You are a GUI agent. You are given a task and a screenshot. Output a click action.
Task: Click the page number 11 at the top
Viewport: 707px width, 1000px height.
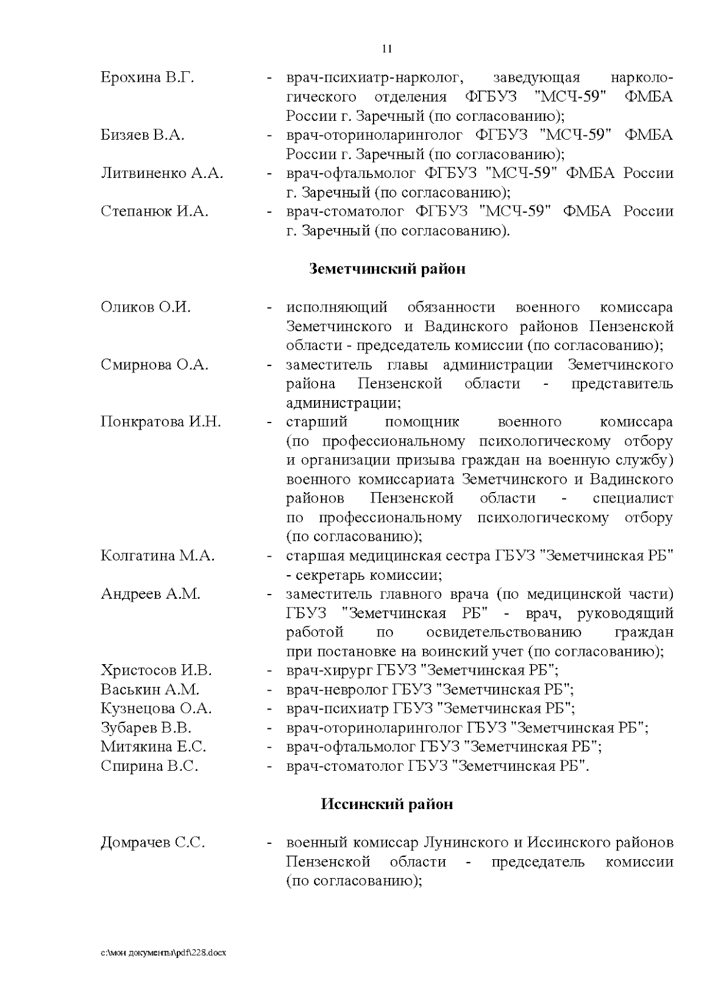pos(387,49)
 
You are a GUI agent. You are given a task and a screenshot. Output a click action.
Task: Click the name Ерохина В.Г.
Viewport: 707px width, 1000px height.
pos(147,78)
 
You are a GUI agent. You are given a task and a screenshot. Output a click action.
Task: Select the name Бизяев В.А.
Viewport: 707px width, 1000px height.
pos(143,136)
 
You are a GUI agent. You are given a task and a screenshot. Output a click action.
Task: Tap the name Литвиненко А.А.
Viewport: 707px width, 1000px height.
pos(162,174)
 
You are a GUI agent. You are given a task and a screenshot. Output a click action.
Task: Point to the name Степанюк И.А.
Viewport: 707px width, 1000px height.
pos(154,212)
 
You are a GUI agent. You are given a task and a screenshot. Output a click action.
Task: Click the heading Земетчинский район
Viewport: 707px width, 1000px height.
pos(387,269)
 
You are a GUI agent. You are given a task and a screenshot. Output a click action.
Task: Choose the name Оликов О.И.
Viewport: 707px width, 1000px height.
pos(146,308)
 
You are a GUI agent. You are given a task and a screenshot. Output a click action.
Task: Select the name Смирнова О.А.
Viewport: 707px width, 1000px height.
pos(154,365)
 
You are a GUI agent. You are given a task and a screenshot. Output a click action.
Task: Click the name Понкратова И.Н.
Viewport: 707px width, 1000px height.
pos(161,422)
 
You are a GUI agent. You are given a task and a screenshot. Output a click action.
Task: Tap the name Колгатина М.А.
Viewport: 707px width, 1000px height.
pos(157,556)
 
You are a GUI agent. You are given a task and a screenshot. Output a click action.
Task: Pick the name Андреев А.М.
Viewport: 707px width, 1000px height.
pos(150,594)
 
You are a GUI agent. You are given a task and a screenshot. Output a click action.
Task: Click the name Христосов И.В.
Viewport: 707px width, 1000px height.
pos(156,671)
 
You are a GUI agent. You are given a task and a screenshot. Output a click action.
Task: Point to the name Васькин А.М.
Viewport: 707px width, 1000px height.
pos(150,689)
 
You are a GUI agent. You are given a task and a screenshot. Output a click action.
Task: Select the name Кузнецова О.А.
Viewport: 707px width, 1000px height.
pos(156,709)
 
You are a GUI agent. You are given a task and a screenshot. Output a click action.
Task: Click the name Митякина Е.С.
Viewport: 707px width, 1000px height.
pos(153,747)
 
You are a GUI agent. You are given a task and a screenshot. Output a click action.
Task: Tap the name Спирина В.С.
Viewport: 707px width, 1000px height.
pos(149,767)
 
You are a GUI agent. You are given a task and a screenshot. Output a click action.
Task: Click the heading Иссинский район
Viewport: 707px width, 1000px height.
pos(386,804)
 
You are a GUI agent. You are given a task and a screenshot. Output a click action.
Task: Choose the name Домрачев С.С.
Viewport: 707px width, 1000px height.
pos(153,843)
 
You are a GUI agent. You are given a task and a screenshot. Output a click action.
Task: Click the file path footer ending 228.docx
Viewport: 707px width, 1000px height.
pos(163,952)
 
